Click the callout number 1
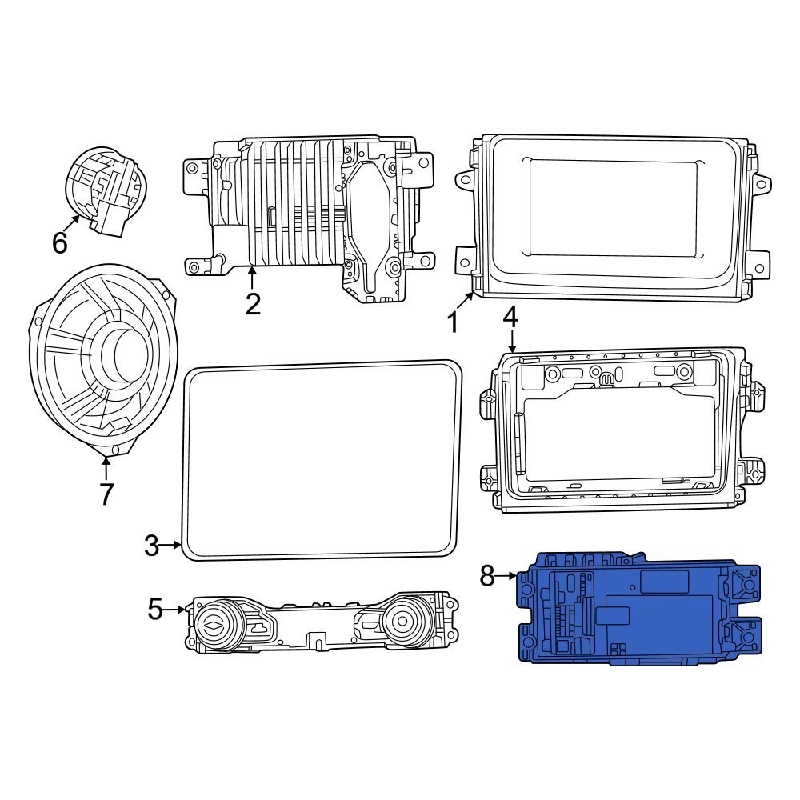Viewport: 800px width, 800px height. coord(453,322)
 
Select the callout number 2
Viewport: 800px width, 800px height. coord(253,304)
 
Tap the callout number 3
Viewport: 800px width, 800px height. coord(152,546)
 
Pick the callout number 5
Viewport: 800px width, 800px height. coord(155,610)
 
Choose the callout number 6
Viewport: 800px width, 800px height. coord(60,242)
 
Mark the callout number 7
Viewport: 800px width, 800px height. coord(106,494)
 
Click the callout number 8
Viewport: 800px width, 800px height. coord(487,575)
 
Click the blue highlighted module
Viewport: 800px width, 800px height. coord(640,608)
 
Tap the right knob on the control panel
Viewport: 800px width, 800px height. coord(403,619)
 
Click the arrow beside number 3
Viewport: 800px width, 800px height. coord(172,546)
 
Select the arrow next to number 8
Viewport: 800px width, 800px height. coord(507,575)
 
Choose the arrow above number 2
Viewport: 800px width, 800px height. coord(252,278)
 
